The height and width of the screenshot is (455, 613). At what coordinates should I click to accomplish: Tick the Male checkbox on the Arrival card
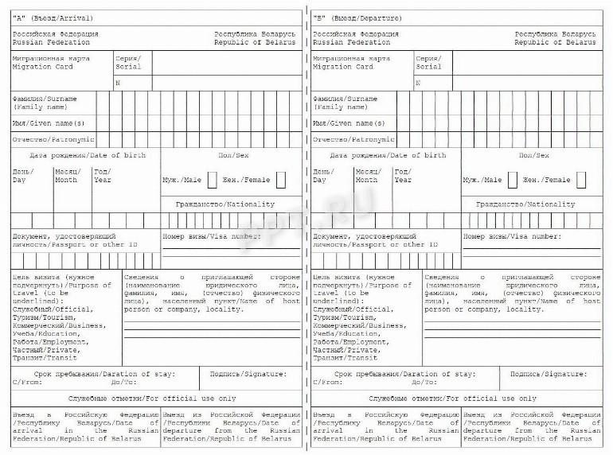tap(212, 180)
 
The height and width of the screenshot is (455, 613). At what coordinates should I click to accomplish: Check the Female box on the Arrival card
tap(281, 180)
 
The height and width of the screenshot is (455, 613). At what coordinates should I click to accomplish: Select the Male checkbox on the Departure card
tap(513, 180)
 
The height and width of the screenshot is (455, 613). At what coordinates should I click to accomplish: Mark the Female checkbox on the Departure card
tap(582, 180)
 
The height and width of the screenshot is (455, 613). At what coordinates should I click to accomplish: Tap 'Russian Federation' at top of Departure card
tap(346, 42)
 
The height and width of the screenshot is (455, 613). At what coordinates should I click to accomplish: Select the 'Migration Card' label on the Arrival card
tap(44, 67)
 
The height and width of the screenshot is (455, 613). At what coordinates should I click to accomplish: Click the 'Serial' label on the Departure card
tap(428, 67)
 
